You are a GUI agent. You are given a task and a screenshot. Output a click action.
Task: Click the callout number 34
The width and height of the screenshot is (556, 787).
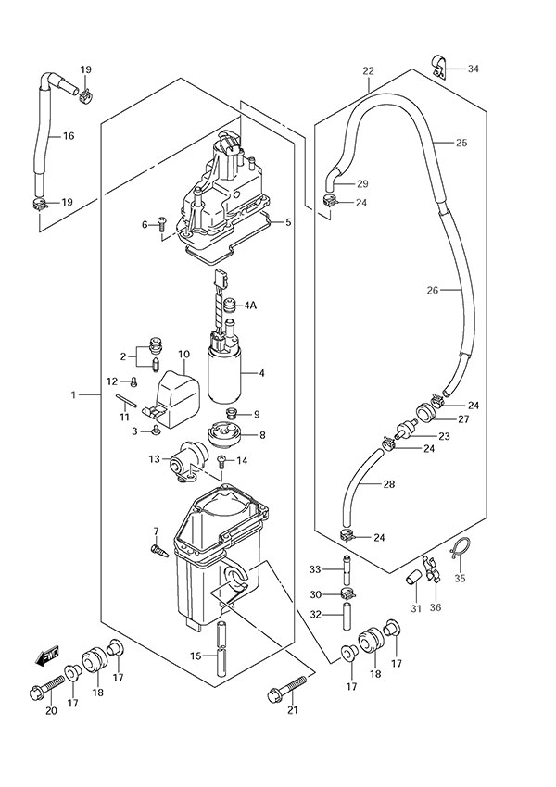coord(474,69)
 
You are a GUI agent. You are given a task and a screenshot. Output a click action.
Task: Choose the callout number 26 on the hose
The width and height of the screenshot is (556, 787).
coord(432,290)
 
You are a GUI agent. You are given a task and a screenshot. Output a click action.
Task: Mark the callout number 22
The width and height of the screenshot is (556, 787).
coord(369,71)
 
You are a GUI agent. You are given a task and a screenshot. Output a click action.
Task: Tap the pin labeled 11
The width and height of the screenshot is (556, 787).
coord(128,400)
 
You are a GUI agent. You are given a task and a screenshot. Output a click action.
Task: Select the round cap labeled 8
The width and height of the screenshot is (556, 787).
coord(222,433)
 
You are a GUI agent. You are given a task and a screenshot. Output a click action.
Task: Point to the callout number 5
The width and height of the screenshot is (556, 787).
coord(288,222)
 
